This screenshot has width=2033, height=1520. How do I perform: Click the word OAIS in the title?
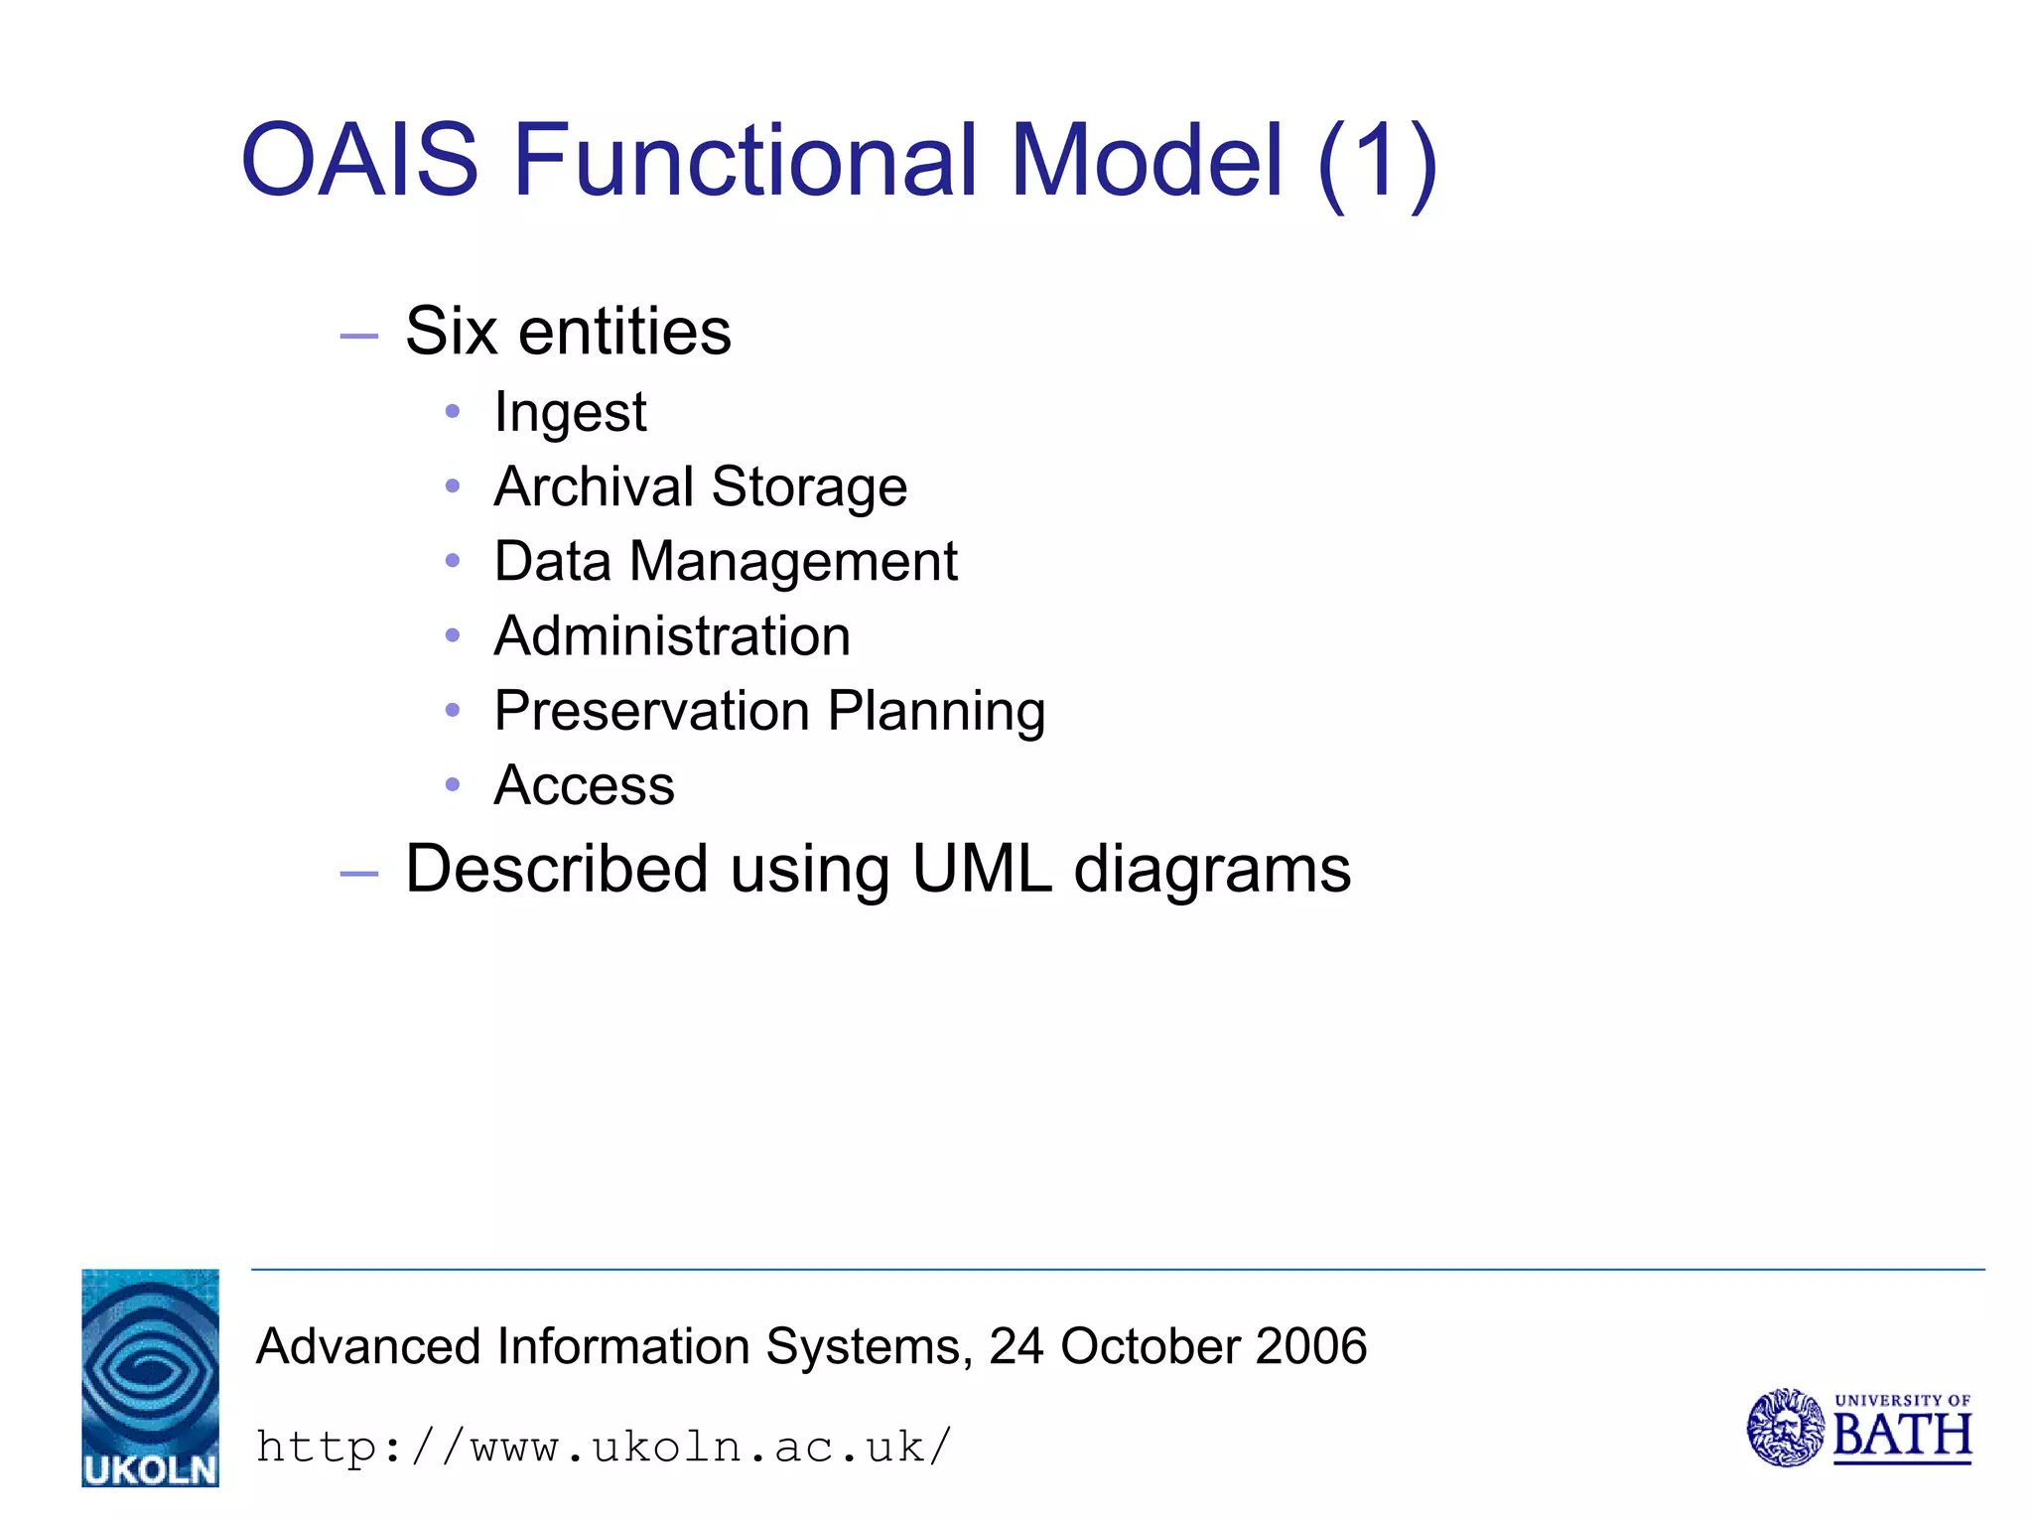click(x=359, y=159)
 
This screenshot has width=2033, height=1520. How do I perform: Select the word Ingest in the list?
click(x=570, y=412)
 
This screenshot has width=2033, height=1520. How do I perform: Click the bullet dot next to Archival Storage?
click(x=453, y=486)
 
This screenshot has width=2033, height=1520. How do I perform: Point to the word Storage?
click(x=809, y=487)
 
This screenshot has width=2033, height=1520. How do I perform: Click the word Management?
click(x=793, y=563)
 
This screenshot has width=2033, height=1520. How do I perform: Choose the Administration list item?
click(x=672, y=636)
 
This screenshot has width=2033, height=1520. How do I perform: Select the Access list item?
click(x=584, y=786)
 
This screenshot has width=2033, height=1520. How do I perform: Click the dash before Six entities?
click(x=358, y=337)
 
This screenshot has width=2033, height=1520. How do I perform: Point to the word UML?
click(x=982, y=869)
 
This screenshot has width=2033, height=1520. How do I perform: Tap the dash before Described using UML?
click(x=358, y=874)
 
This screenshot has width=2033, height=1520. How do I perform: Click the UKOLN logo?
click(x=150, y=1377)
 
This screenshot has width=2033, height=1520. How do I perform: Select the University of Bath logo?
click(x=1858, y=1428)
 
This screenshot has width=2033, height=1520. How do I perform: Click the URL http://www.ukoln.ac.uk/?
click(x=604, y=1448)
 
